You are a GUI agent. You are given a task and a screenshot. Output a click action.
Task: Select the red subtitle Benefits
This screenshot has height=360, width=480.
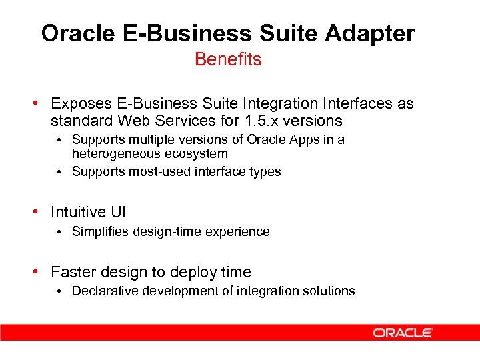pos(228,59)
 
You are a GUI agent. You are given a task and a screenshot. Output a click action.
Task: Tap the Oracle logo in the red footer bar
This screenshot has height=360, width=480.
pos(403,332)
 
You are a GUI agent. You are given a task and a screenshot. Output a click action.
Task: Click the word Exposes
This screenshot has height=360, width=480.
pos(79,104)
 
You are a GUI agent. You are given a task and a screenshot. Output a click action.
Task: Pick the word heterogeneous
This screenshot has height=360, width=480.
pos(109,154)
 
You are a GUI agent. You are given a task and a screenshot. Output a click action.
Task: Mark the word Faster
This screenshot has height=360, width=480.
pos(73,273)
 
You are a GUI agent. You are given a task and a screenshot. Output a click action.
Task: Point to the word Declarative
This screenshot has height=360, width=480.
pos(103,291)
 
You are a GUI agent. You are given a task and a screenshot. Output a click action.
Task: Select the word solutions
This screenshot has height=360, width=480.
pos(329,291)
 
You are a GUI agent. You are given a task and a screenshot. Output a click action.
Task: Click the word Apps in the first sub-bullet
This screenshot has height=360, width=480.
pos(315,140)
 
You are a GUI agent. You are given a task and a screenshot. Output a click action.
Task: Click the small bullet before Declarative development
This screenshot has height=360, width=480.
pos(60,291)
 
